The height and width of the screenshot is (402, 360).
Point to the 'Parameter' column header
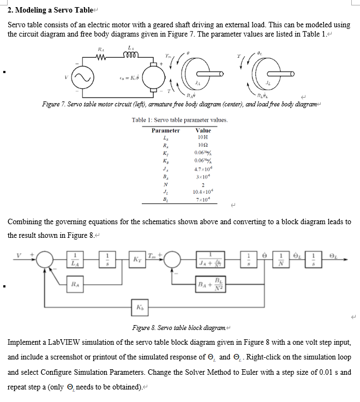(x=165, y=131)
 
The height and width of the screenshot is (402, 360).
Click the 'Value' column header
(x=202, y=131)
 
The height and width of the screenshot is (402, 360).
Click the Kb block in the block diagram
(x=137, y=308)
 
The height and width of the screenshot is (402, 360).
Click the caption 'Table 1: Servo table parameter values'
(x=179, y=120)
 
